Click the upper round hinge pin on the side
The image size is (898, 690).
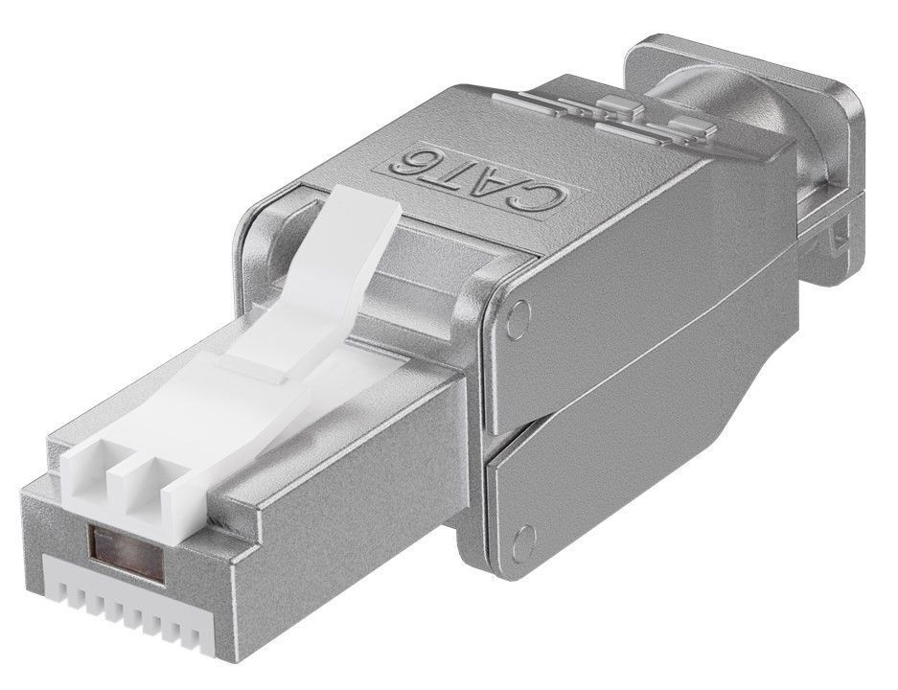(x=518, y=311)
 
